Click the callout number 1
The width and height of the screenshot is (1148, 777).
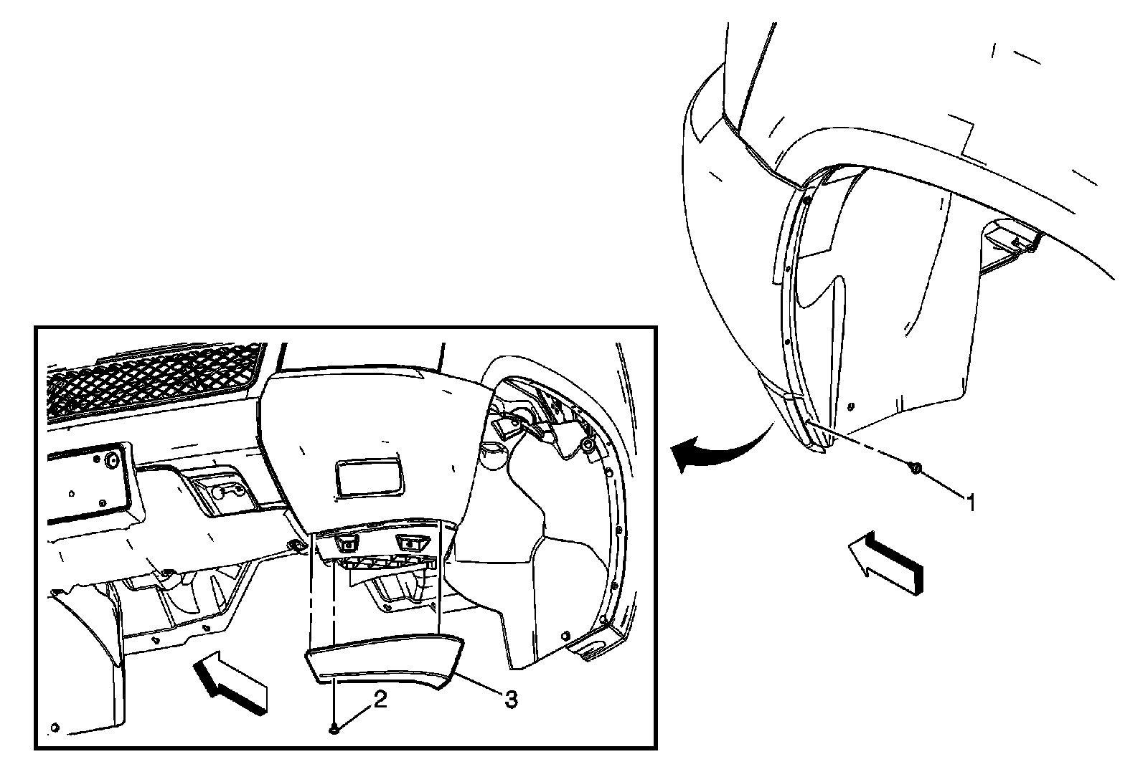point(971,502)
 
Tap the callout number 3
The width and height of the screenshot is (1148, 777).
point(511,699)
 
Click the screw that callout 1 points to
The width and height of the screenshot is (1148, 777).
point(916,467)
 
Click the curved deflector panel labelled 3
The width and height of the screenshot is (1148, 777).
point(384,661)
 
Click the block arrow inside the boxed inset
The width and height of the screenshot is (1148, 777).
point(230,682)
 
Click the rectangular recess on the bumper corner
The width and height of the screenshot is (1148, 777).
point(368,477)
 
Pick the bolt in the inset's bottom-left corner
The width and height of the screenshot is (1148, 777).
point(55,728)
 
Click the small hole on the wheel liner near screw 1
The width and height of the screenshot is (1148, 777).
point(850,406)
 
